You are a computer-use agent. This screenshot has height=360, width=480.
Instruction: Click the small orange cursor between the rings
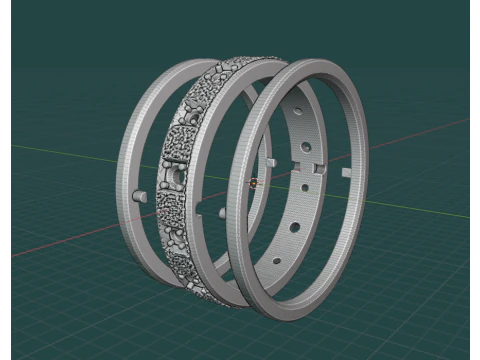254,184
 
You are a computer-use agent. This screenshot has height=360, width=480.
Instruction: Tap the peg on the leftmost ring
141,192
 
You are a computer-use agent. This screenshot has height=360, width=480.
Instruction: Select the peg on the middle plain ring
221,212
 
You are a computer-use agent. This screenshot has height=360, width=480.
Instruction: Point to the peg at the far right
345,172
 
